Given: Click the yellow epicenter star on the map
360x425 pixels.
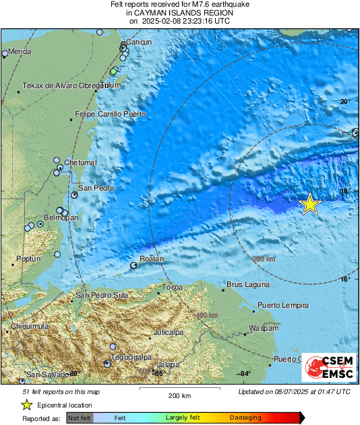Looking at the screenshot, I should (309, 203).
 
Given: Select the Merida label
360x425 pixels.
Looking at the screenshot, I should (20, 52).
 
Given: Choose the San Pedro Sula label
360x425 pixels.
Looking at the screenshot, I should (102, 295).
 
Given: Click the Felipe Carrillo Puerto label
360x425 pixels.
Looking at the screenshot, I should (110, 115).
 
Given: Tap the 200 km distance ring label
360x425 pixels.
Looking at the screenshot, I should (264, 259).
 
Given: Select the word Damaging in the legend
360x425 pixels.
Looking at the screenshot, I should (246, 418).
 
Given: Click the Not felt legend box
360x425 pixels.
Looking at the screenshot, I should (80, 418).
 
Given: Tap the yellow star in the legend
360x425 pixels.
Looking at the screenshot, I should (26, 405).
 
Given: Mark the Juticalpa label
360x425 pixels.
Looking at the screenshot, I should (169, 332).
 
